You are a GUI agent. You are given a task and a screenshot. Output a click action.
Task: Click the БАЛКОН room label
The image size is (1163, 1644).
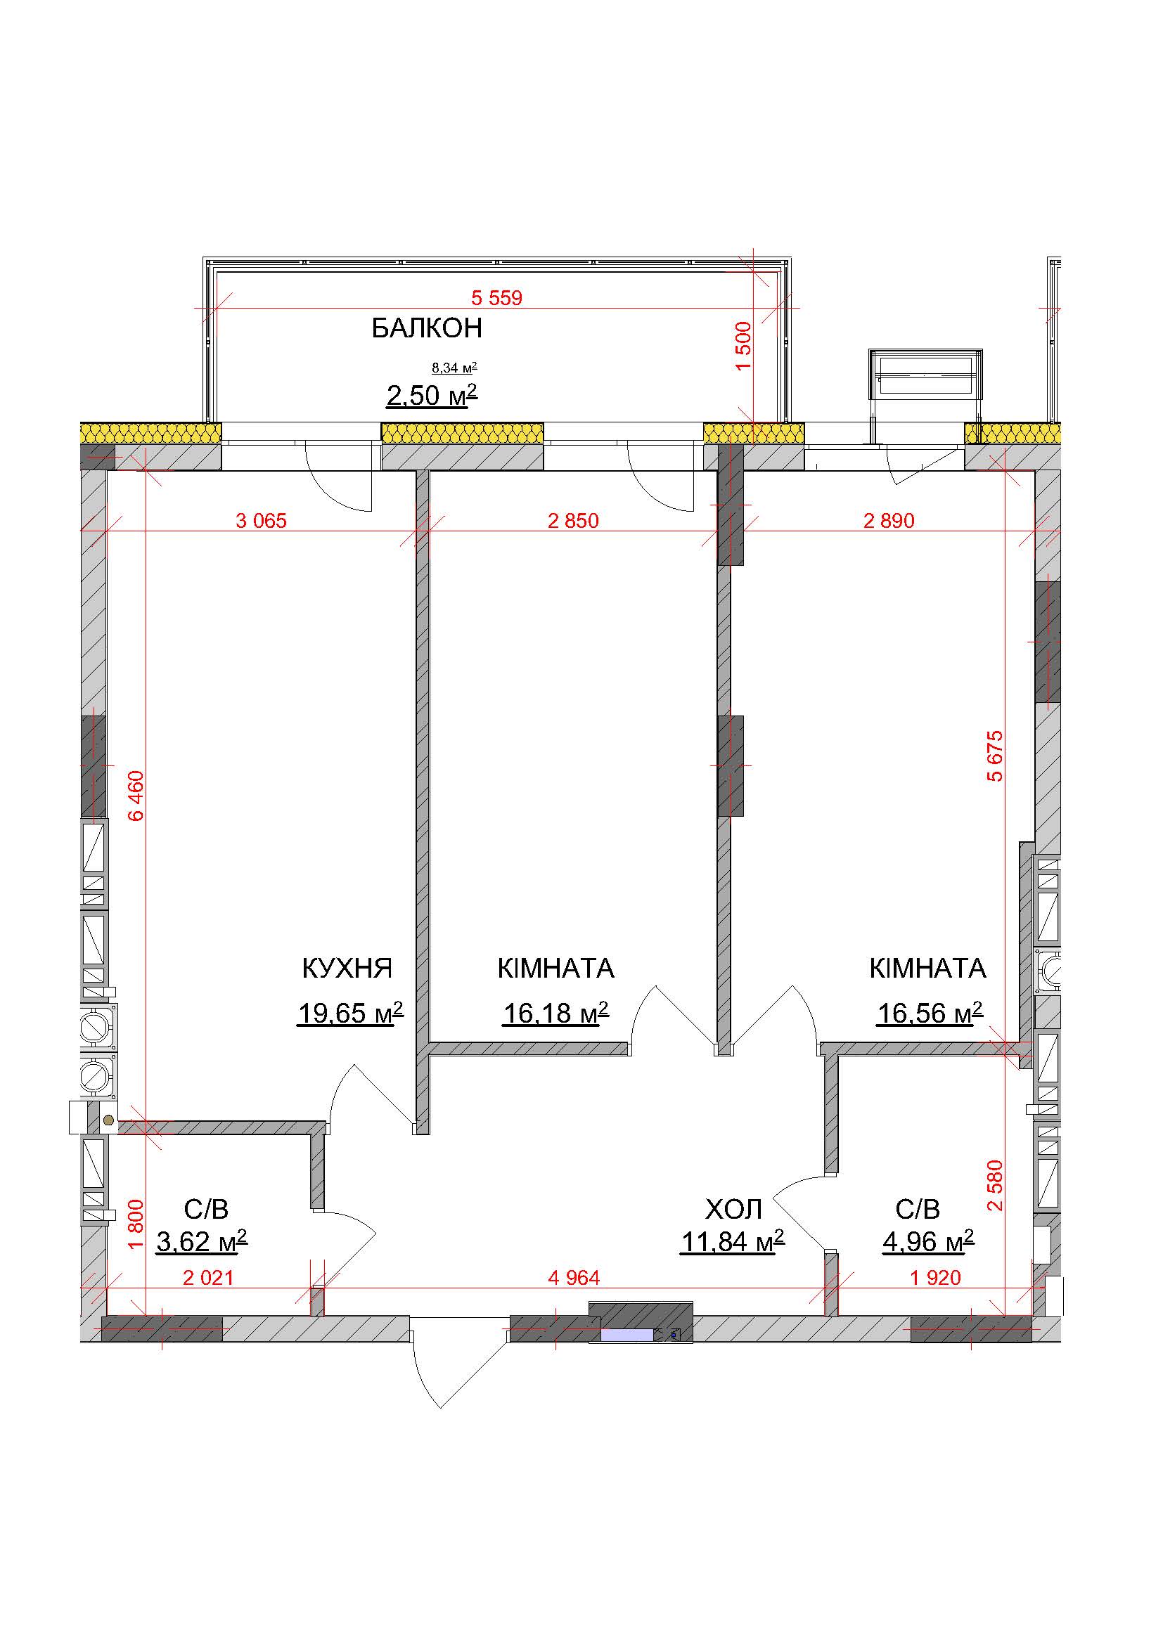[427, 328]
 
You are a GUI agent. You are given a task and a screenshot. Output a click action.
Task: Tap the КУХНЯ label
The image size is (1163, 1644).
[347, 968]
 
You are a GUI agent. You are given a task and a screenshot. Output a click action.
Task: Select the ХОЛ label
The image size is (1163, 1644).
[733, 1210]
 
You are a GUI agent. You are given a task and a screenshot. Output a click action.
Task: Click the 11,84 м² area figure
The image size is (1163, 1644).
[733, 1241]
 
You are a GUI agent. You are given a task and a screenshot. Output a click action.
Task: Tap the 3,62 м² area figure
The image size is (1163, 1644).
[202, 1241]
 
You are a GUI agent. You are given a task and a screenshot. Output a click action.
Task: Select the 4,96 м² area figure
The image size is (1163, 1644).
[928, 1241]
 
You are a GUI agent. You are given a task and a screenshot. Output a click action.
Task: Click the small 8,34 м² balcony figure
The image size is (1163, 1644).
[454, 368]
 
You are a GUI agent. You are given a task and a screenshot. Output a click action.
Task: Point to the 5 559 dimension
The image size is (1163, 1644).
[497, 297]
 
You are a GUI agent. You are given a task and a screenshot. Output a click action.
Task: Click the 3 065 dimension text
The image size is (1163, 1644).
[262, 521]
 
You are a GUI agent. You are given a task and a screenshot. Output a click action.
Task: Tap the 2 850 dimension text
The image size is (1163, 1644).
[573, 521]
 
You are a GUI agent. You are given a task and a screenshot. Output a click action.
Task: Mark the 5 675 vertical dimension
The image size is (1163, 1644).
[996, 756]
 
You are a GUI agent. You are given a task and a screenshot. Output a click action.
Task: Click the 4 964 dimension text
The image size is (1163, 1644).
[574, 1277]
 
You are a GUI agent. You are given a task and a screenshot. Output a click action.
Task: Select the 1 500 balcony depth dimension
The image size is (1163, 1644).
[743, 346]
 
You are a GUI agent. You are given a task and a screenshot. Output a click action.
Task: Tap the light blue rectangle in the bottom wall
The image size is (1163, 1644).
[627, 1335]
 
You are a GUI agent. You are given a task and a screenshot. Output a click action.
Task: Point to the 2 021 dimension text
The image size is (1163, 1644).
[208, 1277]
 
